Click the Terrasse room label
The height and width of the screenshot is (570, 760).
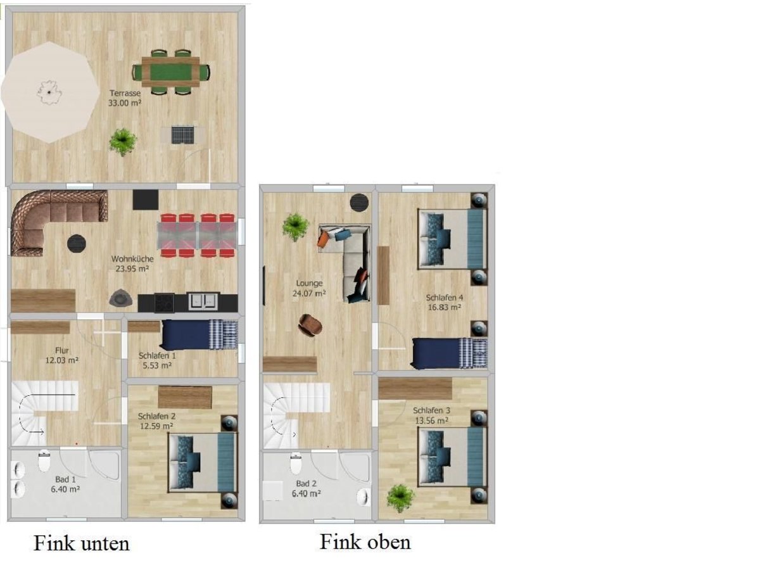[125, 93]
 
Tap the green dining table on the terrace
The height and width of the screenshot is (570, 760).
[171, 72]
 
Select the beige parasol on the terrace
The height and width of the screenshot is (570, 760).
[50, 92]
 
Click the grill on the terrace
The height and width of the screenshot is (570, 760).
[183, 135]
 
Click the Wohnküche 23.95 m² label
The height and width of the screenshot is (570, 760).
[132, 263]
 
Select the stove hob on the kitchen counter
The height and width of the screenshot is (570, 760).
[164, 303]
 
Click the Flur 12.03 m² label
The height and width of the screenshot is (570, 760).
[62, 355]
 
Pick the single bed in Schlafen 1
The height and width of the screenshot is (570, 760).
[199, 334]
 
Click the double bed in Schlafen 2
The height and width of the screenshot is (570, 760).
[203, 462]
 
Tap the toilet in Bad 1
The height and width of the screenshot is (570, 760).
[44, 461]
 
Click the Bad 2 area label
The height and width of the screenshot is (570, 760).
[306, 488]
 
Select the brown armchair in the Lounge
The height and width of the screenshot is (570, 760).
[310, 325]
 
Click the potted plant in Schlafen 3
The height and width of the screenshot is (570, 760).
[401, 498]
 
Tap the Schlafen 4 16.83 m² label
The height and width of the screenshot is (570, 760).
[445, 302]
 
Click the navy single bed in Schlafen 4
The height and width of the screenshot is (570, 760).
[450, 353]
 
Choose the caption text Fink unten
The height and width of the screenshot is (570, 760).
[82, 543]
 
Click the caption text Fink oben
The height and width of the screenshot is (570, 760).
[365, 541]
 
